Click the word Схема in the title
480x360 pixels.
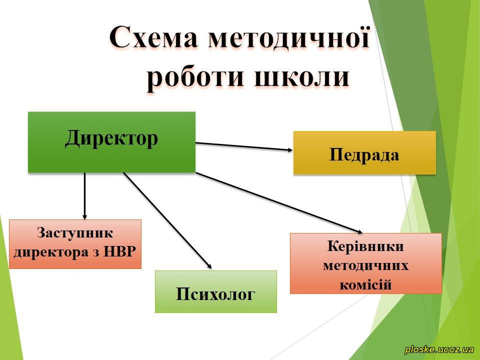tap(153, 38)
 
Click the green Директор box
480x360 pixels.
tap(111, 142)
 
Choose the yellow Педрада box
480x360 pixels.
tap(364, 152)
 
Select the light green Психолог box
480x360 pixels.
tap(216, 291)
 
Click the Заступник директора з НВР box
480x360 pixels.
tap(75, 244)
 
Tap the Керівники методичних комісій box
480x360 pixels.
tap(366, 263)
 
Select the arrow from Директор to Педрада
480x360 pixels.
tap(244, 146)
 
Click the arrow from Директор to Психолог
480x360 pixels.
tap(167, 220)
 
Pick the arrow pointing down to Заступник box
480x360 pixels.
tap(85, 196)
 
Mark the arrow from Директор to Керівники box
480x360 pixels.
tap(279, 203)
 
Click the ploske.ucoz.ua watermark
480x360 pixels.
tap(439, 349)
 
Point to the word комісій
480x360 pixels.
tap(365, 284)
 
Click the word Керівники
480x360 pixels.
tap(365, 246)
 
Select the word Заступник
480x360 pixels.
tap(75, 232)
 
